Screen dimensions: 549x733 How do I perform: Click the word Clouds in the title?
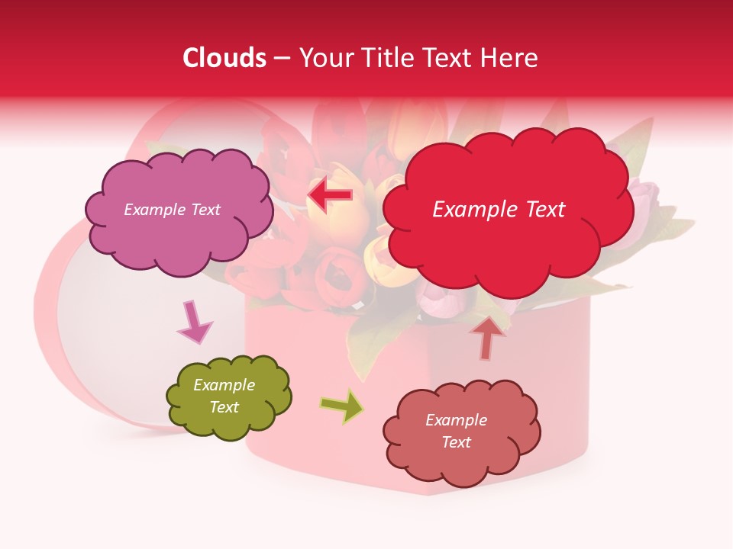tap(224, 58)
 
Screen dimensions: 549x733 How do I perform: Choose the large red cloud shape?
tap(507, 244)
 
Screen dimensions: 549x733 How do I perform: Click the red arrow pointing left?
tap(330, 195)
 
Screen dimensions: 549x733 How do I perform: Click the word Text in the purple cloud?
tap(204, 210)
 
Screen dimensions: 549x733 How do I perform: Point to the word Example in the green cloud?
tap(224, 385)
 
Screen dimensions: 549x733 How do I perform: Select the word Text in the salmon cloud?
tap(456, 442)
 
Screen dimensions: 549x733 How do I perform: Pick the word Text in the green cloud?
tap(224, 407)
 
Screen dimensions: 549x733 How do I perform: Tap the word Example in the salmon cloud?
tap(456, 420)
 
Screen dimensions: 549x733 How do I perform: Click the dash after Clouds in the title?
tap(282, 59)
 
